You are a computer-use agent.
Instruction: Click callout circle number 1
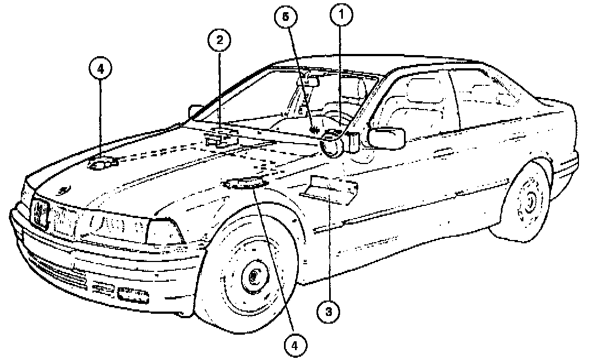(x=341, y=16)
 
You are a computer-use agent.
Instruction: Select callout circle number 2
(x=220, y=40)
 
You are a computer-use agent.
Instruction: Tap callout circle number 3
(x=329, y=312)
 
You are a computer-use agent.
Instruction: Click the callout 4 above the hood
(x=100, y=70)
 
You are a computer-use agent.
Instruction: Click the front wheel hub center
(x=254, y=275)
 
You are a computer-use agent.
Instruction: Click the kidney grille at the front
(x=42, y=213)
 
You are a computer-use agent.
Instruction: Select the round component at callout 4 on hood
(x=103, y=163)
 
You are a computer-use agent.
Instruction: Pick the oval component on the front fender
(x=245, y=184)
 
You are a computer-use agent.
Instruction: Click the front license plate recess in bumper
(x=133, y=296)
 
